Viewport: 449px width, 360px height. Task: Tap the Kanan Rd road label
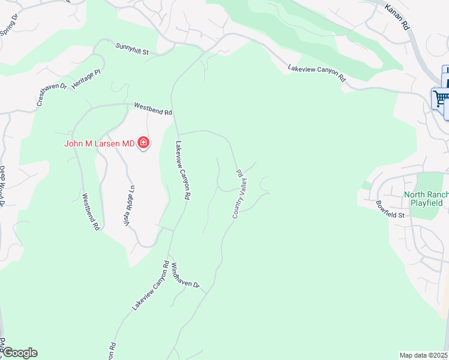(x=397, y=17)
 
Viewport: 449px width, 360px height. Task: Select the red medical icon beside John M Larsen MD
(x=143, y=143)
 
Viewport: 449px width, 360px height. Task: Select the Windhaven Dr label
(x=185, y=275)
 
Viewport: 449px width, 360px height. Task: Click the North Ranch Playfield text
(x=423, y=199)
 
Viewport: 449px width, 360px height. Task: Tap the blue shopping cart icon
(x=441, y=98)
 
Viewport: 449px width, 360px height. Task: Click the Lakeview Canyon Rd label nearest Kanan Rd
(x=317, y=73)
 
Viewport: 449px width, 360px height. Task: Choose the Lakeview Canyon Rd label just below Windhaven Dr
(x=148, y=286)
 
